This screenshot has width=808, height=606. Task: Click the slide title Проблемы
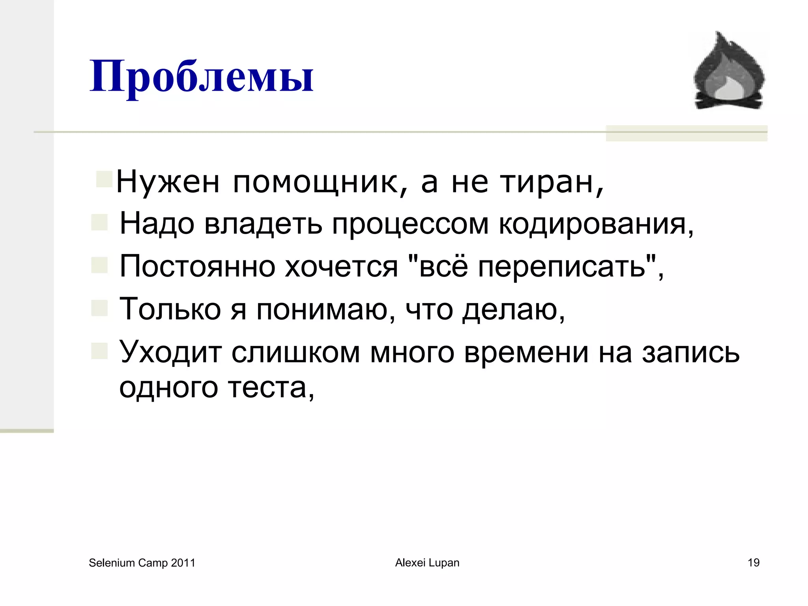pyautogui.click(x=201, y=77)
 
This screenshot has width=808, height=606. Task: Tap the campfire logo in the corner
pyautogui.click(x=729, y=71)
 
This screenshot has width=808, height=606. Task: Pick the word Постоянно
pyautogui.click(x=197, y=266)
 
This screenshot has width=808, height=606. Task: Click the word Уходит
pyautogui.click(x=170, y=352)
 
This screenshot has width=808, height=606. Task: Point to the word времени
pyautogui.click(x=526, y=352)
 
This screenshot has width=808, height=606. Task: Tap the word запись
pyautogui.click(x=690, y=352)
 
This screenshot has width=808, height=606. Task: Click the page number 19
pyautogui.click(x=754, y=563)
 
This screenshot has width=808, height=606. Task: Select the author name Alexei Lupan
pyautogui.click(x=427, y=563)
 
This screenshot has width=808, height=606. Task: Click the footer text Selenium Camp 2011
pyautogui.click(x=142, y=563)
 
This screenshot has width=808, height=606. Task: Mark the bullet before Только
pyautogui.click(x=99, y=308)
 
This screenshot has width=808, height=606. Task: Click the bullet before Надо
pyautogui.click(x=99, y=223)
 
